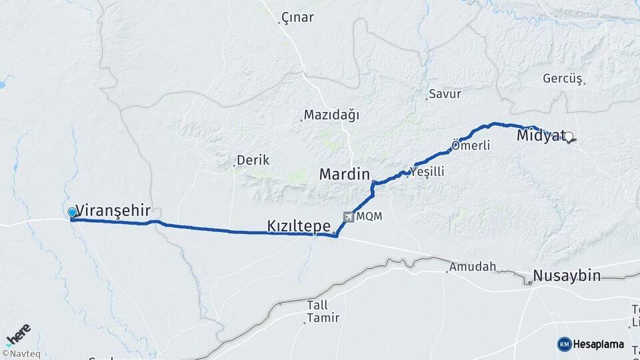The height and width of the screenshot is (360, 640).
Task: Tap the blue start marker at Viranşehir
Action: pyautogui.click(x=72, y=213)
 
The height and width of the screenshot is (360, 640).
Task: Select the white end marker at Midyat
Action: pyautogui.click(x=569, y=138)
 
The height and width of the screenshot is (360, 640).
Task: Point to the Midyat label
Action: pyautogui.click(x=541, y=136)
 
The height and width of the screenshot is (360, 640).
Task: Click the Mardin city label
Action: pyautogui.click(x=344, y=175)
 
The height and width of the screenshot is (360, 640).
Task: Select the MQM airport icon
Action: pyautogui.click(x=348, y=217)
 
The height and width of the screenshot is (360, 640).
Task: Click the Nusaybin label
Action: pyautogui.click(x=567, y=275)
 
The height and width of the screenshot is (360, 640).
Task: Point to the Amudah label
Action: pyautogui.click(x=473, y=267)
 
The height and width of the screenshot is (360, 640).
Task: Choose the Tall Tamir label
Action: pyautogui.click(x=323, y=311)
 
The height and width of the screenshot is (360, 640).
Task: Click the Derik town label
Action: pyautogui.click(x=253, y=161)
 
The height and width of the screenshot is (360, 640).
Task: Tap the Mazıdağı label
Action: pyautogui.click(x=331, y=115)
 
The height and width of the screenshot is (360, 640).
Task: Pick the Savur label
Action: pyautogui.click(x=445, y=94)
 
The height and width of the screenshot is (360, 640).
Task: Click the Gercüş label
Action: pyautogui.click(x=563, y=79)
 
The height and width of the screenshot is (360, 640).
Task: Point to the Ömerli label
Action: pyautogui.click(x=471, y=145)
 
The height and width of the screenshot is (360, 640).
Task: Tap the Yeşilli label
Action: pyautogui.click(x=428, y=172)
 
